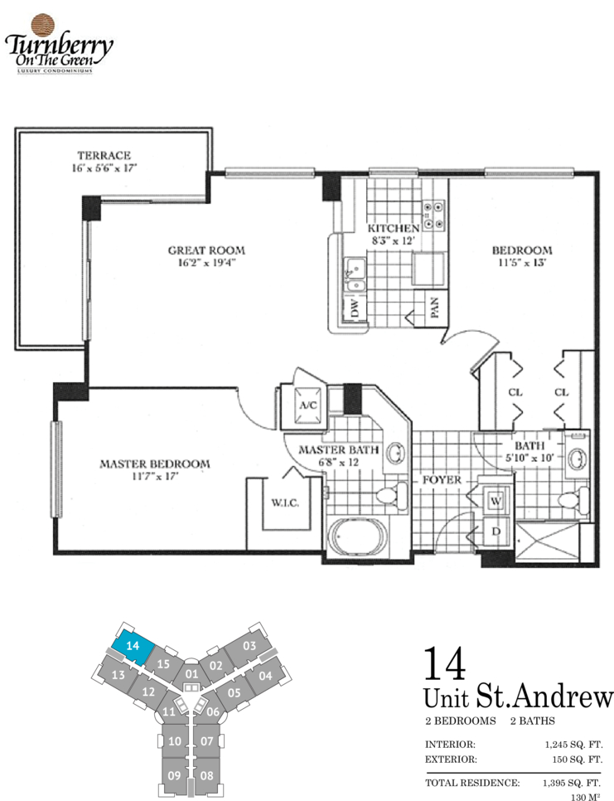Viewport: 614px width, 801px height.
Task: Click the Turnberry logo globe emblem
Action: pos(43,26)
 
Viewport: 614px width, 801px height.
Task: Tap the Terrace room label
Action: pos(104,155)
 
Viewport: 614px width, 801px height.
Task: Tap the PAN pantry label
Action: pos(435,308)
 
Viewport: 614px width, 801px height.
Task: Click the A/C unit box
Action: pos(307,405)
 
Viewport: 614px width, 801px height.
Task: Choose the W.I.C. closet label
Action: pos(285,503)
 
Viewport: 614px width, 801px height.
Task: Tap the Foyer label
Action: pos(442,480)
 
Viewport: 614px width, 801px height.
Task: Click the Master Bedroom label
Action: pos(155,464)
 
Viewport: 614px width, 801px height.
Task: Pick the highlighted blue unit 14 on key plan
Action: pos(133,646)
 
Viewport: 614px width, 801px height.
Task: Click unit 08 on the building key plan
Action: pos(206,775)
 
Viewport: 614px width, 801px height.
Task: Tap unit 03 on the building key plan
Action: pos(249,646)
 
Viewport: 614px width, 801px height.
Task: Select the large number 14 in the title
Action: pos(445,663)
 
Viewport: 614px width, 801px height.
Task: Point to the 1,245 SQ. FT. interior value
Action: pos(573,745)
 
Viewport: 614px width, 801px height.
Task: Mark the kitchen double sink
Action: pos(355,274)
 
